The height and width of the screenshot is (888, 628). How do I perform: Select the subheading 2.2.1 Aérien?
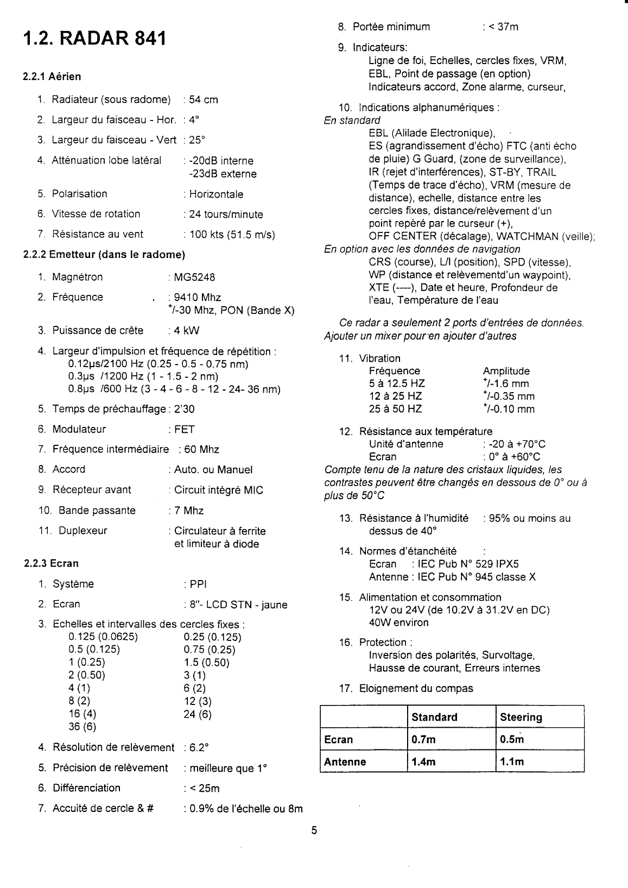click(52, 77)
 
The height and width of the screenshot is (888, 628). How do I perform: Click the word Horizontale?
click(216, 194)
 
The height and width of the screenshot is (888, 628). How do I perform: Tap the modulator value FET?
click(185, 430)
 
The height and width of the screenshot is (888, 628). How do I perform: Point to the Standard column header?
click(434, 717)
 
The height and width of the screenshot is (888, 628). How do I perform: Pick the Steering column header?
click(521, 717)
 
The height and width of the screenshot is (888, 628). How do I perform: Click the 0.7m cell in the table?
click(423, 740)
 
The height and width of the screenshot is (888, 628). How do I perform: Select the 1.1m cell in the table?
click(512, 762)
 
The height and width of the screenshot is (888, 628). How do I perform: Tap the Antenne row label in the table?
click(345, 762)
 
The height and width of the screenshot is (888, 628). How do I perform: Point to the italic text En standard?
click(352, 121)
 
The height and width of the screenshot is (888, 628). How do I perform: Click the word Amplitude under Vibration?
click(506, 371)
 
